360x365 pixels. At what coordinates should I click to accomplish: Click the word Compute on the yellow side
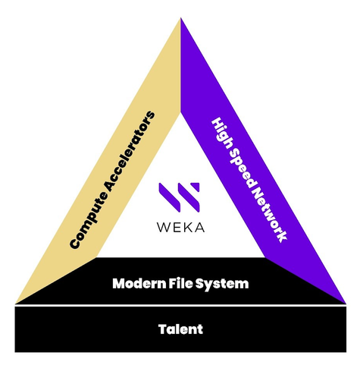[x=89, y=219]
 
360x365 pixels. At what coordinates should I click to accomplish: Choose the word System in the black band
[x=222, y=285]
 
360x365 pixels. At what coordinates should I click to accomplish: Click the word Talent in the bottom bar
[x=180, y=329]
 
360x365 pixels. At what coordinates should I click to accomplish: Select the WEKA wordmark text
[x=180, y=227]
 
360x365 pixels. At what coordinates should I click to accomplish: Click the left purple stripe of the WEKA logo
[x=170, y=197]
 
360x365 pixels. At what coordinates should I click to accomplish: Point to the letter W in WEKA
[x=164, y=227]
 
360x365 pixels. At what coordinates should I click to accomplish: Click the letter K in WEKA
[x=186, y=227]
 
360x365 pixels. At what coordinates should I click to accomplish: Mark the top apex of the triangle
[x=180, y=17]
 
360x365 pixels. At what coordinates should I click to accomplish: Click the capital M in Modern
[x=118, y=284]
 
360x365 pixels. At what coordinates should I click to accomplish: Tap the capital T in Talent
[x=163, y=329]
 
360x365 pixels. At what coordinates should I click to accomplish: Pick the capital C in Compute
[x=75, y=243]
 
